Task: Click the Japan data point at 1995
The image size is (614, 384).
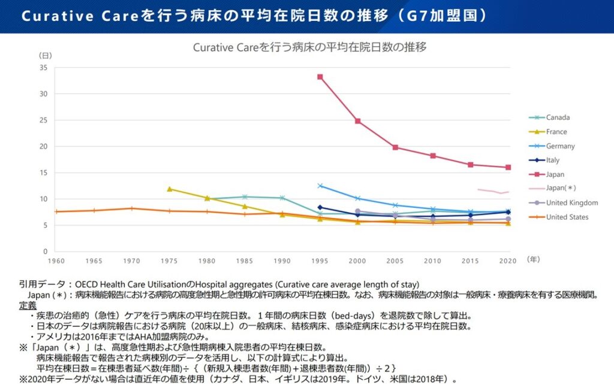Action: tap(320, 77)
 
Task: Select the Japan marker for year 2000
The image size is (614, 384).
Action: tap(358, 121)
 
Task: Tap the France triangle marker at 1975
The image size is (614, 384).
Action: tap(169, 189)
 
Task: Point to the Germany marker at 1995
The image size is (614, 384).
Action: tap(320, 186)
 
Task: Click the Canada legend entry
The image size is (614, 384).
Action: tap(558, 117)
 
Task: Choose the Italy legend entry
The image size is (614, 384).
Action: tap(552, 160)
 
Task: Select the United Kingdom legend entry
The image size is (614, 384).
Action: tap(571, 202)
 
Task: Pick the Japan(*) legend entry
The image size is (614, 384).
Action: tap(561, 188)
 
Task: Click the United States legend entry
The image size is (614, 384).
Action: tap(567, 217)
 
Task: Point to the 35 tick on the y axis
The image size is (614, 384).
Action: tap(43, 68)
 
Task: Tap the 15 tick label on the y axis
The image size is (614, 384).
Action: tap(43, 173)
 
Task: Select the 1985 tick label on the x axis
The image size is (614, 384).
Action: tap(244, 261)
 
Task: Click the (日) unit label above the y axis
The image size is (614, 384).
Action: tap(45, 55)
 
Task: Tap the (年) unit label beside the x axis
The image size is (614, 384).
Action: tap(534, 259)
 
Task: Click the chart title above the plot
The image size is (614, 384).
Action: tap(309, 47)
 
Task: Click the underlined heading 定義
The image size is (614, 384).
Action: tap(28, 305)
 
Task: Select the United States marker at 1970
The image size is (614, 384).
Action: tap(131, 208)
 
